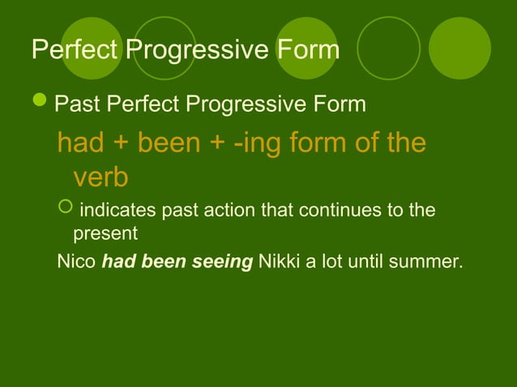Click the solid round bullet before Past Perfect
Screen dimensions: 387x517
tap(40, 104)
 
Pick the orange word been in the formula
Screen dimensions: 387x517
tap(176, 144)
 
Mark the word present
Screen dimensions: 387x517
tap(105, 234)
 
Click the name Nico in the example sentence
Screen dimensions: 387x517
tap(76, 262)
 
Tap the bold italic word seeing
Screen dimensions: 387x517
tap(224, 262)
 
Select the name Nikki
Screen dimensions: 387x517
tap(278, 262)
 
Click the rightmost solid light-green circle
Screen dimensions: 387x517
tap(459, 48)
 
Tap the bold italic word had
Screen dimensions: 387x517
tap(117, 262)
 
